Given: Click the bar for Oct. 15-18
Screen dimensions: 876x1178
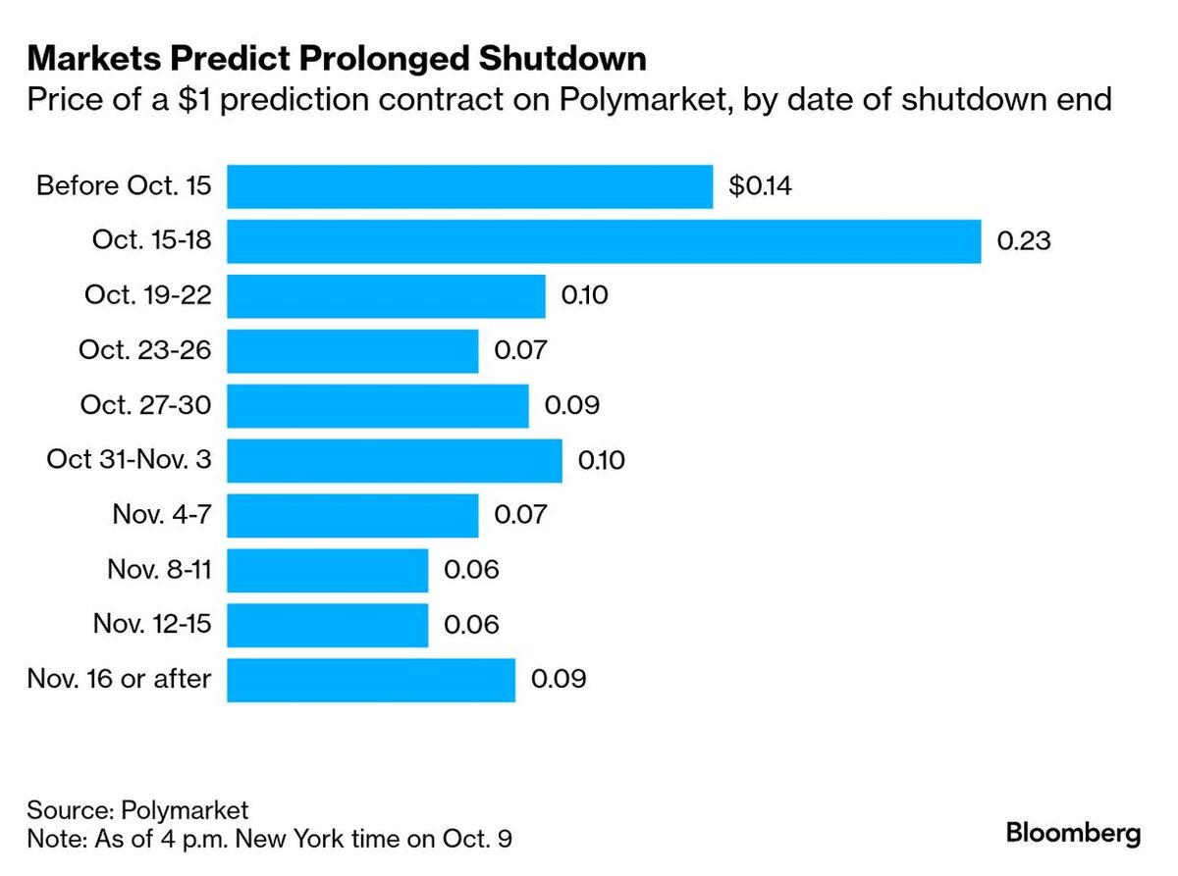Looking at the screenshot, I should point(604,241).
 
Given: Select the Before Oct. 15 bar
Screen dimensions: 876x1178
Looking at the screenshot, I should point(469,186).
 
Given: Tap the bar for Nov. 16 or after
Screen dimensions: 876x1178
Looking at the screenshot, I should point(371,680).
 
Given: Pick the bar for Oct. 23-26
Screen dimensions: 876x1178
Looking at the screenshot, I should point(352,350).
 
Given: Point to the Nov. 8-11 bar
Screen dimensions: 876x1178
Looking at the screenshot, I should point(327,570).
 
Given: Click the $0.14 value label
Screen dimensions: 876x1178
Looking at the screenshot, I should point(760,186).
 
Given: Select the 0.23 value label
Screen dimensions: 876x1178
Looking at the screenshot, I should point(1024,241).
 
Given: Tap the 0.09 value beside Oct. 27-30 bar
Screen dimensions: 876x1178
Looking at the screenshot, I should point(571,405).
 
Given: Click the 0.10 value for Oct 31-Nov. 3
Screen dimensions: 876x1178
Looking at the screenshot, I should point(602,460).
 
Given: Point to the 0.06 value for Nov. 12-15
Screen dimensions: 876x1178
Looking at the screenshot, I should point(471,625).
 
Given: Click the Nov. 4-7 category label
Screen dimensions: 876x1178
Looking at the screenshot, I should point(162,515).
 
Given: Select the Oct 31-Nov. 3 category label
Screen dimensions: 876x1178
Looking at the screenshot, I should point(129,460).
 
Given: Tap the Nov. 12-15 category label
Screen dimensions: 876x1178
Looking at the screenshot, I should point(152,625).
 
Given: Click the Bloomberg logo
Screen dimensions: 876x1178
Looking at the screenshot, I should point(1074,834).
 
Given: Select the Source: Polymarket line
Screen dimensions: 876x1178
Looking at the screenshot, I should point(138,810).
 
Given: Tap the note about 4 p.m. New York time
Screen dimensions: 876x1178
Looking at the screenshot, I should point(270,840).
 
